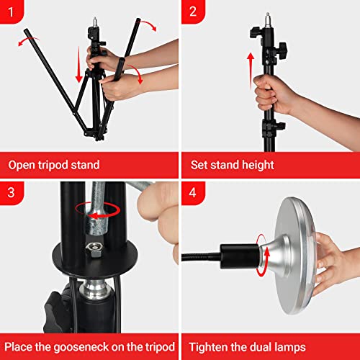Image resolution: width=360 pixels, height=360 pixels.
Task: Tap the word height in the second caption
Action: [x=253, y=165]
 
